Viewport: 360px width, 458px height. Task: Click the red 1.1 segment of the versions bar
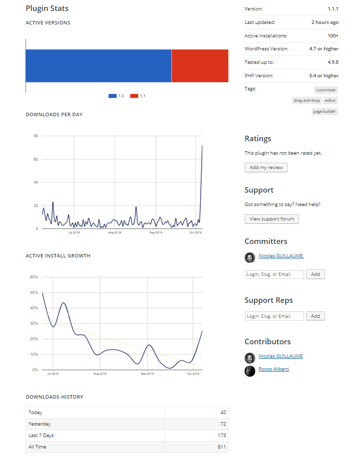200,66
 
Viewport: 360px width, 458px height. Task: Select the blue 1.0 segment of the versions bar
98,66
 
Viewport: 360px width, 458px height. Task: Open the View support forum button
272,219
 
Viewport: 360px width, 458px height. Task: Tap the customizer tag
326,90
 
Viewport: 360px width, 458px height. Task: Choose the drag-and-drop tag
307,100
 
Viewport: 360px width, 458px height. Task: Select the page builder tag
325,111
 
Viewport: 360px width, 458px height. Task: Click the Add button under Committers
316,274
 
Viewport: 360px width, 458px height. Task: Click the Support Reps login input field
274,316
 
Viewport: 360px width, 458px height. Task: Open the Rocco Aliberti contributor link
274,369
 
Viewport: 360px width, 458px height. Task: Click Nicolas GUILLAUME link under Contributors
281,356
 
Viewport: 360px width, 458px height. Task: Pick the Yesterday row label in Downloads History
39,424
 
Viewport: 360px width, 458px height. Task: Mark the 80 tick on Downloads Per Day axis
36,136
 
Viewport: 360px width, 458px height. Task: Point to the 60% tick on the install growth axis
34,277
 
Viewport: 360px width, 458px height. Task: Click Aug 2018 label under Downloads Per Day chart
115,232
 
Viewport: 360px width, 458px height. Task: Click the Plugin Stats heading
47,8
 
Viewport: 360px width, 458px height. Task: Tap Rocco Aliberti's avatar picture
250,371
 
